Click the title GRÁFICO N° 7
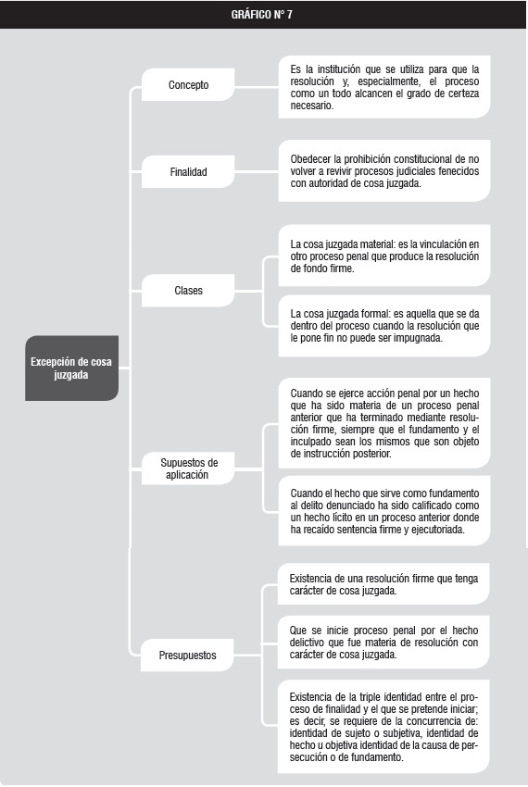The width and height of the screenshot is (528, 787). [262, 15]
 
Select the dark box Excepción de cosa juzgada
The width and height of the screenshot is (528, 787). [72, 368]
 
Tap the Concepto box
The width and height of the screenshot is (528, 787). [188, 85]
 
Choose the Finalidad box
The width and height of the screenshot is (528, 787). [188, 171]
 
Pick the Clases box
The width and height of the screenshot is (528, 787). [188, 290]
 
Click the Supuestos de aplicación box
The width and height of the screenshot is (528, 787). [188, 468]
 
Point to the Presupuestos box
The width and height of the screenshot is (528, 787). [187, 655]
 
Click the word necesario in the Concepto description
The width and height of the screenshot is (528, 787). [311, 106]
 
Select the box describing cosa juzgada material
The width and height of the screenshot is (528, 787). [384, 256]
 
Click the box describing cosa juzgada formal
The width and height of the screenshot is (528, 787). [384, 326]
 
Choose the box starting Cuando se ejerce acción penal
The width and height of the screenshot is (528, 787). [384, 423]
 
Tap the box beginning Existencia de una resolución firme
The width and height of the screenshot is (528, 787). [383, 583]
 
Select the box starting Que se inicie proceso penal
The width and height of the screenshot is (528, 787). [383, 642]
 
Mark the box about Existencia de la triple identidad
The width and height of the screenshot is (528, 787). [383, 726]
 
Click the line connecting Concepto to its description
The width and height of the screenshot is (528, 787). [257, 87]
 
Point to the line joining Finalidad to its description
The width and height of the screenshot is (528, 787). [257, 171]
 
